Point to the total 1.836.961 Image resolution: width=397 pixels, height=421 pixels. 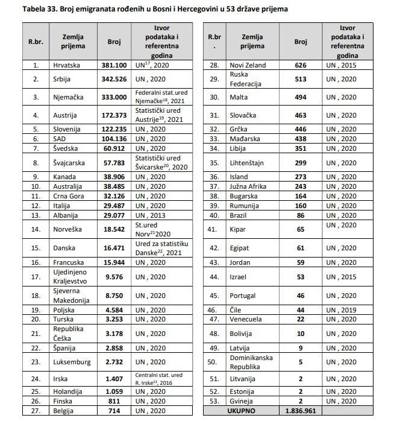tap(301, 411)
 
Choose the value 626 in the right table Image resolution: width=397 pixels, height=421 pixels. tap(301, 65)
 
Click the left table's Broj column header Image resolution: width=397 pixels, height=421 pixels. tap(114, 42)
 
